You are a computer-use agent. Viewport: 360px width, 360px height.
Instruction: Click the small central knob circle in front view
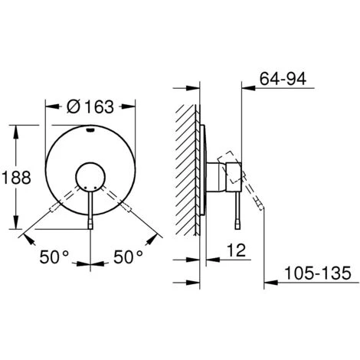click(x=91, y=177)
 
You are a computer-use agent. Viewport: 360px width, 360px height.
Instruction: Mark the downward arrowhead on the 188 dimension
click(x=15, y=227)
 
